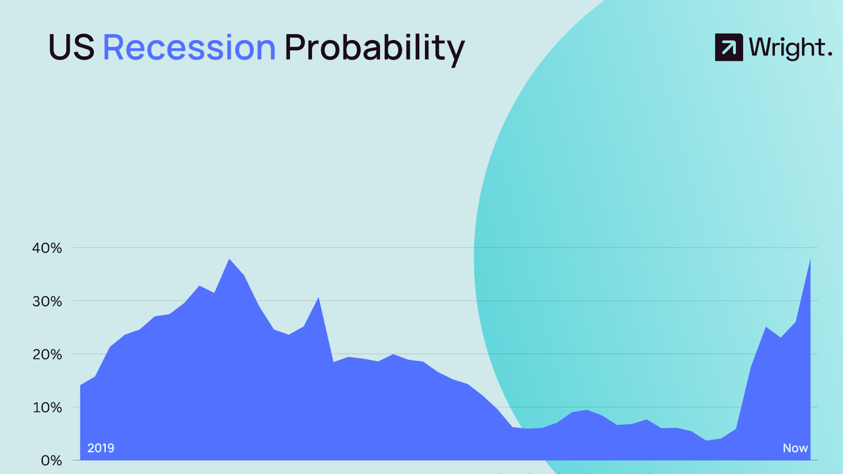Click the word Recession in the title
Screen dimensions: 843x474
pos(189,47)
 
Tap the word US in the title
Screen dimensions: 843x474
pos(72,47)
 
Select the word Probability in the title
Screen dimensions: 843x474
pos(375,50)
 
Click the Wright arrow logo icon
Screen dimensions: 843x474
pos(729,47)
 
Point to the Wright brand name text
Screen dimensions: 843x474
pos(790,48)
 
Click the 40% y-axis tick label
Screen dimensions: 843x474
pos(47,248)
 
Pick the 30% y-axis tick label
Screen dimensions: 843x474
pos(47,301)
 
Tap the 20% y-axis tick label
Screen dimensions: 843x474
pos(47,354)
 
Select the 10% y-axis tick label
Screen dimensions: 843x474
pos(47,408)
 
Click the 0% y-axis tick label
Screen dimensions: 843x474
pos(52,460)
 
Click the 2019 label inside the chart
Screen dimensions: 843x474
pos(101,448)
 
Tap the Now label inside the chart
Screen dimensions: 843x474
pos(795,448)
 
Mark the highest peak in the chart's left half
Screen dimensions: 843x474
pos(229,259)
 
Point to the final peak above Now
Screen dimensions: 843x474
pos(810,259)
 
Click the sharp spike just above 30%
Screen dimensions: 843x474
pos(318,298)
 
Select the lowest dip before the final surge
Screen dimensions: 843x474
pos(707,440)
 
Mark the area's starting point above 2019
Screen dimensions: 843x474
pos(81,385)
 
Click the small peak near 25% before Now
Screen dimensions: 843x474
pos(766,327)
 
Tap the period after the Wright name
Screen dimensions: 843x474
pos(830,55)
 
